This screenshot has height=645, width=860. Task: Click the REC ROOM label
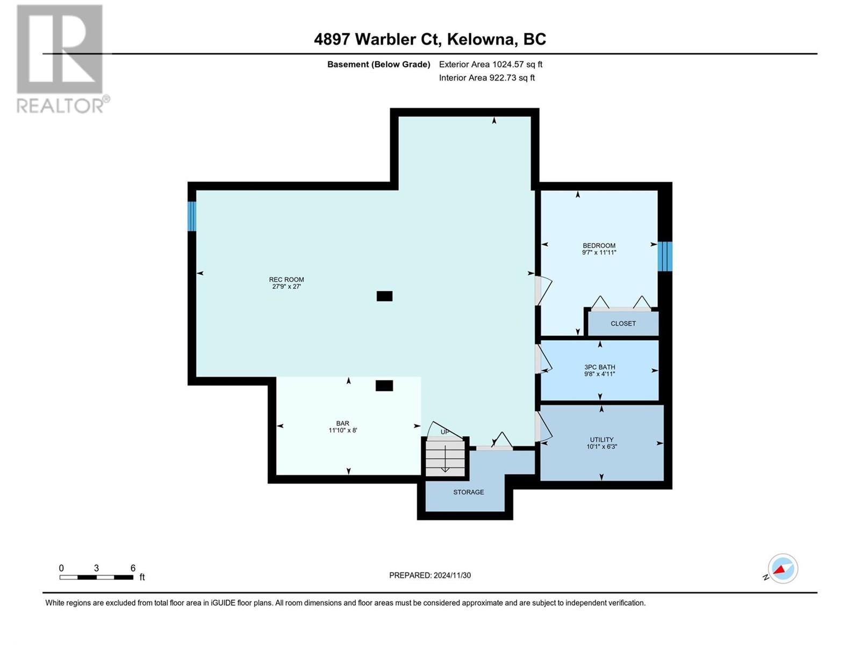point(286,279)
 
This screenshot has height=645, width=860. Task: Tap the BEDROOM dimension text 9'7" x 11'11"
point(599,253)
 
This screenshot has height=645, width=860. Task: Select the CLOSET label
point(623,324)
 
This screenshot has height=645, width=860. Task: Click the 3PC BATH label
point(600,367)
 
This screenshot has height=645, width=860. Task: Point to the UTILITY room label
point(601,440)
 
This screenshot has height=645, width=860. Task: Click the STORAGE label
point(468,492)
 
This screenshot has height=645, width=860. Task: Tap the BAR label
point(343,423)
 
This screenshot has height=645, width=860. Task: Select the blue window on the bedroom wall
point(665,256)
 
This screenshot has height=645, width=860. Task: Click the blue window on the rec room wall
point(192,216)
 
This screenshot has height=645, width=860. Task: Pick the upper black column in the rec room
point(384,296)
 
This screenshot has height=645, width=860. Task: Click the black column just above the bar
point(384,385)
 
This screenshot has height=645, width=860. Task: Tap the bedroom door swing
point(543,290)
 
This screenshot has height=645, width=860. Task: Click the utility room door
point(543,426)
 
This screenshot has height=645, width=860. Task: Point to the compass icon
point(782,569)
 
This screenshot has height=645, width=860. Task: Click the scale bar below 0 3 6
point(96,577)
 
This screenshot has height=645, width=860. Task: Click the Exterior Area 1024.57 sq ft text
point(490,64)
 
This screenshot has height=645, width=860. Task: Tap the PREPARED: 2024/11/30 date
point(429,576)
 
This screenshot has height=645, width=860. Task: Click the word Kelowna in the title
point(482,39)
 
